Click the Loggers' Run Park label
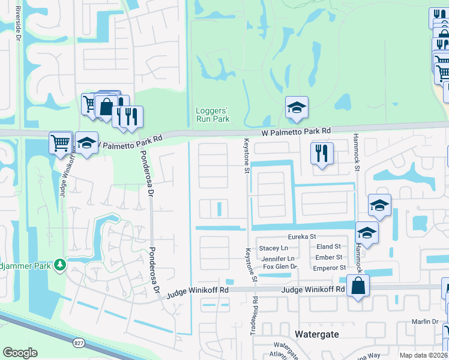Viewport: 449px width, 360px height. click(212, 115)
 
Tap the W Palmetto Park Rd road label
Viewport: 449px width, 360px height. click(296, 130)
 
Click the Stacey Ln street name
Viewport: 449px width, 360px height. click(273, 248)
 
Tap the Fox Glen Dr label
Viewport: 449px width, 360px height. click(280, 266)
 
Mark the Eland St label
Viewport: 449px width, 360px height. click(328, 247)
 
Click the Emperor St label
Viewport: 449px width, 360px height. click(330, 268)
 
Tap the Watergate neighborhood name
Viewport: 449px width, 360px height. click(318, 333)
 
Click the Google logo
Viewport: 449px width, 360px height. click(20, 353)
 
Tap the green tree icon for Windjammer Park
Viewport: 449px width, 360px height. click(59, 265)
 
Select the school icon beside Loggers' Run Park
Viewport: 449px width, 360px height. click(296, 107)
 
